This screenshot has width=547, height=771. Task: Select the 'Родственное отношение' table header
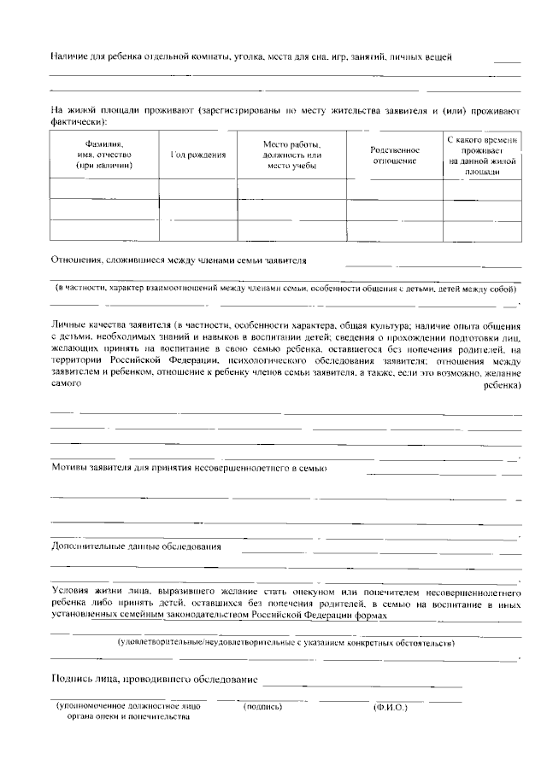tap(395, 155)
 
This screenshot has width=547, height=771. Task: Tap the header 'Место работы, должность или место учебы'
tap(292, 155)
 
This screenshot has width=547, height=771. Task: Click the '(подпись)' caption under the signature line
tap(262, 708)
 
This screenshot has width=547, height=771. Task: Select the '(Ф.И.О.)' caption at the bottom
tap(391, 708)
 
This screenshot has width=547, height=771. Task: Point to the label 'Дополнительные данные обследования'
tap(136, 546)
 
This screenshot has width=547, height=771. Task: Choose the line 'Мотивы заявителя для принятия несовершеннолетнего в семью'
tap(189, 468)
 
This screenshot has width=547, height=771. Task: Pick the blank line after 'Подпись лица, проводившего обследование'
tap(363, 684)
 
